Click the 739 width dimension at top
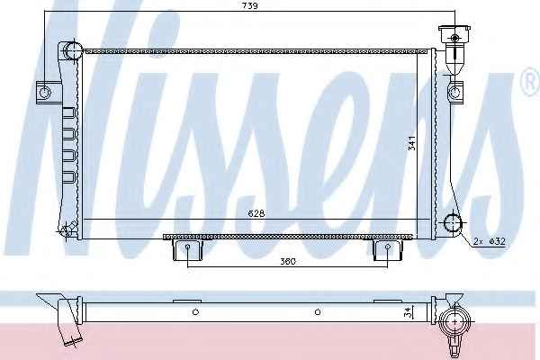250,5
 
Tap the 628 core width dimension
256,213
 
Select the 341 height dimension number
412,143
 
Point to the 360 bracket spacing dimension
288,262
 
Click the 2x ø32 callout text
490,241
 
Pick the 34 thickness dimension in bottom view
408,312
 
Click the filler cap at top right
454,34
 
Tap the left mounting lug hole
45,92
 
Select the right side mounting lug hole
454,92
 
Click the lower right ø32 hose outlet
453,223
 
